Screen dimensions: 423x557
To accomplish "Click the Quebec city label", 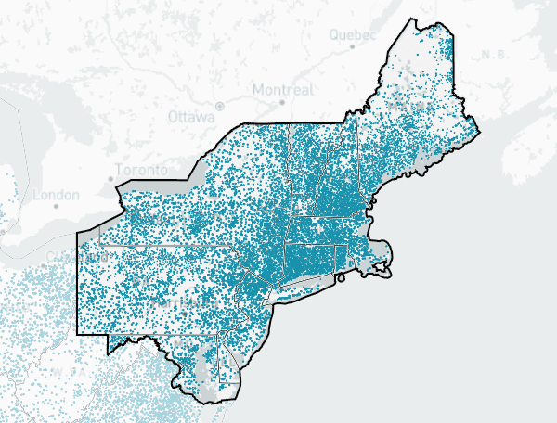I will tap(352, 34).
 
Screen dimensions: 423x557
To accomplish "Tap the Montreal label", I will tap(283, 89).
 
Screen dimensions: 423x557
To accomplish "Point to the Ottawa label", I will tap(191, 117).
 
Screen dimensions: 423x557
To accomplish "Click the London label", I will tap(57, 195).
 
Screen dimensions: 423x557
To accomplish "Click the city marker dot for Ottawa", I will tap(219, 105).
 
